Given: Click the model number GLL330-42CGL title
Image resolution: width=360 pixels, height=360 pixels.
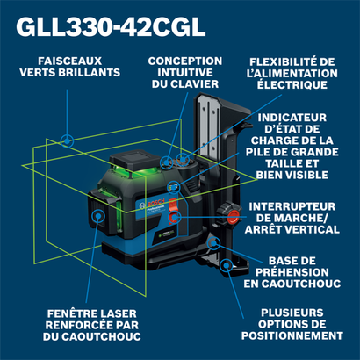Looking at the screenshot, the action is point(111,27).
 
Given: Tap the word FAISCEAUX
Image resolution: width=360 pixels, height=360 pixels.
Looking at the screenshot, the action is point(70,61).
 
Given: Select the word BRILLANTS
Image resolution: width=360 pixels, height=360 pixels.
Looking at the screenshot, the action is point(89,73).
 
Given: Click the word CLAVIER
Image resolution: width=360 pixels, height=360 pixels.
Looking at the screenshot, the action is point(194,84).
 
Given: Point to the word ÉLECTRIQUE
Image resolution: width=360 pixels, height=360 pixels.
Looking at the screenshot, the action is point(292,85).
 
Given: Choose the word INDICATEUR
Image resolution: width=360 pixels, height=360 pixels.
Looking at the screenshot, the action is point(292,118).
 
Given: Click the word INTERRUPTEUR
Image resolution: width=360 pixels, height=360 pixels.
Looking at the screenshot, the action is point(292,206).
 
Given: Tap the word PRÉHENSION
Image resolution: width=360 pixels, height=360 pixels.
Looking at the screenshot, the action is point(292,272).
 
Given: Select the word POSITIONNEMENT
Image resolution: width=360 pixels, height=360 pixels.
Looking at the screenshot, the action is point(292,335).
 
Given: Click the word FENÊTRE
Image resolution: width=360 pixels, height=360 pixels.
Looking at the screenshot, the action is point(72,313).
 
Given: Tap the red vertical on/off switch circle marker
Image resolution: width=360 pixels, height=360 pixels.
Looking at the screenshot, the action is point(175,217).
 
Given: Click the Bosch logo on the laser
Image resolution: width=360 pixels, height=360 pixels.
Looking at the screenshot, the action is point(152,205).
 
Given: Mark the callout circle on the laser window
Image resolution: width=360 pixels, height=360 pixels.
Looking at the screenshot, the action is point(98,217).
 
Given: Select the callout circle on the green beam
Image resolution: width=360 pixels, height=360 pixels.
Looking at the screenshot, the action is point(67,141).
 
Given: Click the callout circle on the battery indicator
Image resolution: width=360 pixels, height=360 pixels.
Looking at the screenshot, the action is point(173,187).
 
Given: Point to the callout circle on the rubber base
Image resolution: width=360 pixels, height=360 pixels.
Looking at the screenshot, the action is point(214,242).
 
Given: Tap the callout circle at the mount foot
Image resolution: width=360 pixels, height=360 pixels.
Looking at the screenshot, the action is point(226,265).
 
